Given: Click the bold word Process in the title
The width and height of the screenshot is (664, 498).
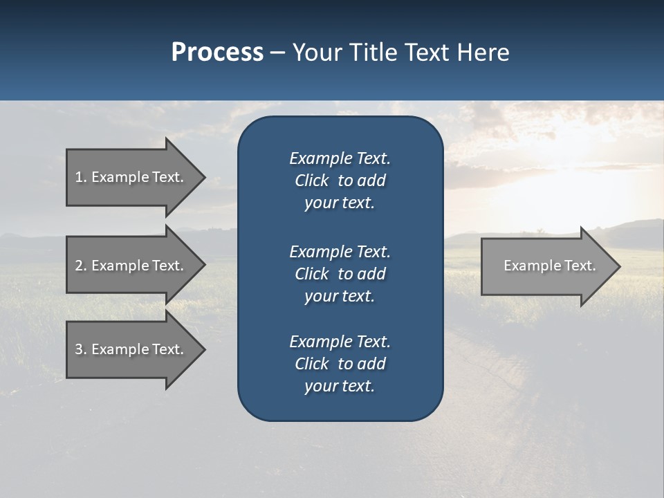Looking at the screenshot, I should tap(217, 53).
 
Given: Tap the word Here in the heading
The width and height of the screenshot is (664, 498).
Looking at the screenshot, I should tap(483, 53).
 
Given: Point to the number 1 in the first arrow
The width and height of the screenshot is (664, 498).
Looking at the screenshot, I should tap(79, 177).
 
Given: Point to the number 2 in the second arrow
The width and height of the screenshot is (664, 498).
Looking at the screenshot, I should tap(79, 266).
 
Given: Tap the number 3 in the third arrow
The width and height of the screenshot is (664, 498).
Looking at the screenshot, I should tap(79, 349).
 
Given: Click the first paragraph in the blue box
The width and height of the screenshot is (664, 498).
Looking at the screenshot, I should tap(340, 181).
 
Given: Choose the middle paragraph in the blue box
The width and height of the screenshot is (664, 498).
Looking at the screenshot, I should tap(340, 274).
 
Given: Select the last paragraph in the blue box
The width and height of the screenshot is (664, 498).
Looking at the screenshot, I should tap(340, 364).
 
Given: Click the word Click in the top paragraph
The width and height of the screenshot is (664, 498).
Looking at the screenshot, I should tap(312, 181).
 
